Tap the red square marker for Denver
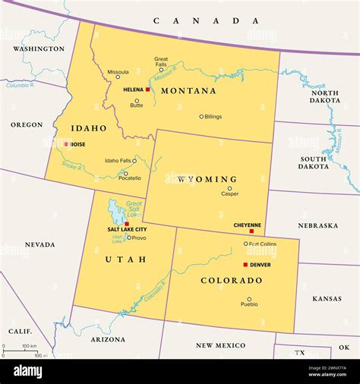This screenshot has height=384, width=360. click(245, 264)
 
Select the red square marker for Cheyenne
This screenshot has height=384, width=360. click(251, 231)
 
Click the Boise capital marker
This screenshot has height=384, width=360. click(66, 144)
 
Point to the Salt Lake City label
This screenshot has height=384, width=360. click(127, 229)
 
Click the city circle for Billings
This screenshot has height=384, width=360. click(201, 116)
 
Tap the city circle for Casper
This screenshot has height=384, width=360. click(229, 188)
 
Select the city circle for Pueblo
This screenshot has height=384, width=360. click(249, 299)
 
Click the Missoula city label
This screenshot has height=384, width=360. click(118, 72)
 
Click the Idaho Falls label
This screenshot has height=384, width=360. click(117, 160)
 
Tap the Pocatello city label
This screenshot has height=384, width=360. click(130, 178)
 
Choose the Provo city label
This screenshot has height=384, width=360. click(140, 238)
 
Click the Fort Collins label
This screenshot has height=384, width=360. click(263, 244)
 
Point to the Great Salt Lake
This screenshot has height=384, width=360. click(116, 210)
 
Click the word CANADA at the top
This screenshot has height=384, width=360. click(179, 20)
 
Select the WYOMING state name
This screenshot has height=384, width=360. click(207, 179)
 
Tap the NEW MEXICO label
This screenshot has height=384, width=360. click(220, 345)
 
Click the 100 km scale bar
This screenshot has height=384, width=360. click(20, 351)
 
